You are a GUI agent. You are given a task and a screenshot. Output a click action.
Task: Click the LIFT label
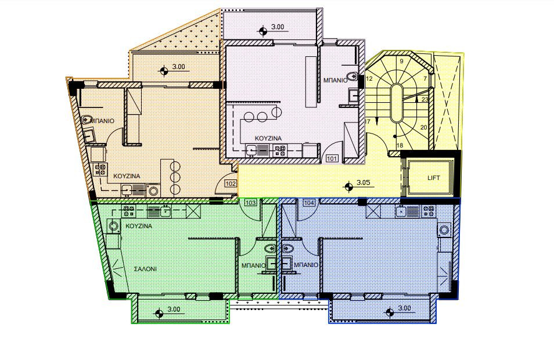(x=434, y=178)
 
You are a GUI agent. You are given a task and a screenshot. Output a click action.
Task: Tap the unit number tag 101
(x=332, y=159)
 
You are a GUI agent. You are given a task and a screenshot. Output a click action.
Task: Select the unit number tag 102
(x=231, y=183)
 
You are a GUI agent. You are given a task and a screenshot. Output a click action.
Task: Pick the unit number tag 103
(x=250, y=203)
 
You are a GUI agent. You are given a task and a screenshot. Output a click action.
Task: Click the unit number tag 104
(x=309, y=203)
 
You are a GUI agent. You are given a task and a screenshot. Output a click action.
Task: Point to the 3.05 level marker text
(x=363, y=183)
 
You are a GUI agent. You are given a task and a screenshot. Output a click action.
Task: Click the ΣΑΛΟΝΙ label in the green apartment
(x=145, y=269)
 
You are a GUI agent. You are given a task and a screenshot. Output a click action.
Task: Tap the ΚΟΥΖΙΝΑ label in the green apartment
(x=139, y=226)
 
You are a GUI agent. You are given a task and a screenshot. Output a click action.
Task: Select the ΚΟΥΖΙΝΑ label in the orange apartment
(x=127, y=176)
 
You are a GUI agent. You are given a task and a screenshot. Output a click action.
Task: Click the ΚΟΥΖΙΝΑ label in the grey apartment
(x=268, y=138)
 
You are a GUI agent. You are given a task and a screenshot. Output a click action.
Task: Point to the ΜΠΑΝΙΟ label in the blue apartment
(x=306, y=265)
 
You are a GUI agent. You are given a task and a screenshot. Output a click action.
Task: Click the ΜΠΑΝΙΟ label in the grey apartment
(x=335, y=81)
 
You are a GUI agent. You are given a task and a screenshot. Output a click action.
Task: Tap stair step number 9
(x=401, y=61)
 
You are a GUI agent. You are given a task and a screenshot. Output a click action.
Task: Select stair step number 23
(x=425, y=99)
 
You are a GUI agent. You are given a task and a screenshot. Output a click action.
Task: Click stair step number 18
(x=400, y=145)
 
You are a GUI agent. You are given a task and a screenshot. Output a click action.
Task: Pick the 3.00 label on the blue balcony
(x=405, y=308)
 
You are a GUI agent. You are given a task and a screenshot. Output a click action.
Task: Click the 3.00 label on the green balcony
(x=174, y=309)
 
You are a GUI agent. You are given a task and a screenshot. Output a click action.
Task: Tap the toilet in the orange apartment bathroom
(x=87, y=120)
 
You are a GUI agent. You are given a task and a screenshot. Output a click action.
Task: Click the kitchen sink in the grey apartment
(x=251, y=151)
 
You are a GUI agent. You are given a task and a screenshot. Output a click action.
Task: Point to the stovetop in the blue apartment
(x=429, y=211)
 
